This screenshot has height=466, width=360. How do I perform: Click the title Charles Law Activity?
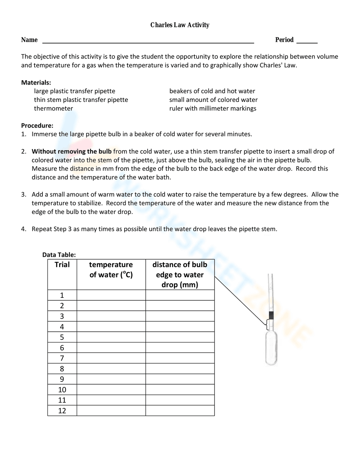coord(180,25)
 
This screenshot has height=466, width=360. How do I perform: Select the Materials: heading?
coord(36,82)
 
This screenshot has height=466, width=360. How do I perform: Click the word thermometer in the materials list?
coord(53,108)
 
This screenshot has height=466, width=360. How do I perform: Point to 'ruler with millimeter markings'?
coord(213,108)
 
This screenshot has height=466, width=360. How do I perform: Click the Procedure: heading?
coord(37,126)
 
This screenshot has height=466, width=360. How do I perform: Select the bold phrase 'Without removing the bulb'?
coord(72,151)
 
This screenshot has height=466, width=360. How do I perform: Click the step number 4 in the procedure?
coord(23,229)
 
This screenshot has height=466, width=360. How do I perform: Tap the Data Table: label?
coord(59,255)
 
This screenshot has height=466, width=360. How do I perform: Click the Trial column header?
coord(62,265)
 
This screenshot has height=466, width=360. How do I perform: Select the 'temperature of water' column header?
coord(111,270)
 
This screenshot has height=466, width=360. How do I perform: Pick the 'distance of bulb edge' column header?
coord(180,274)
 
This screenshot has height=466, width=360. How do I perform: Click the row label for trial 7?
coord(62,358)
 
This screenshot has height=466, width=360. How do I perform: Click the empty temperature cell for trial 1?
coord(111,295)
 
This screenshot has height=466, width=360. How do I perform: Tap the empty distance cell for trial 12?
coord(180,411)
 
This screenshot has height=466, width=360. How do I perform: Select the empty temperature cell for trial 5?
coord(111,337)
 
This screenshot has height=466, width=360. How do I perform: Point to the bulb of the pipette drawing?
coord(271,348)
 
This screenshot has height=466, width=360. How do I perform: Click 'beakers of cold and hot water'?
coord(212,91)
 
